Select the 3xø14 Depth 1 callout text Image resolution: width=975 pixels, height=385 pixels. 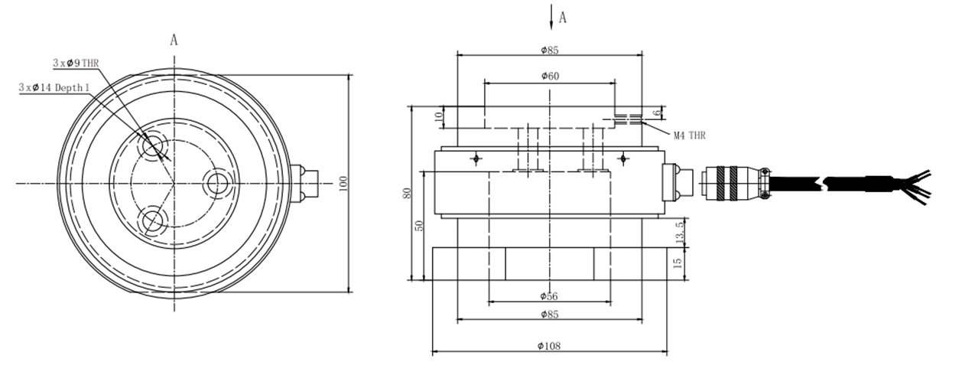pyautogui.click(x=55, y=88)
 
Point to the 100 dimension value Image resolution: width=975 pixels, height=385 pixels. pyautogui.click(x=343, y=183)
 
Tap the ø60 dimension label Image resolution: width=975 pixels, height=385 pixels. pyautogui.click(x=549, y=76)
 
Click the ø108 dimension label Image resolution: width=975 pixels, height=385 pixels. pyautogui.click(x=549, y=346)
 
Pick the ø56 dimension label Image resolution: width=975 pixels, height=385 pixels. pyautogui.click(x=549, y=295)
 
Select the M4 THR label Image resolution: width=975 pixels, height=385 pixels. pyautogui.click(x=689, y=135)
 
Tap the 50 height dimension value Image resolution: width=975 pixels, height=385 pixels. pyautogui.click(x=419, y=227)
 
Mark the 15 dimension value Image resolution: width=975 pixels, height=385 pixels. pyautogui.click(x=678, y=264)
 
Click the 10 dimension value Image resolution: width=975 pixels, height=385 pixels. pyautogui.click(x=438, y=117)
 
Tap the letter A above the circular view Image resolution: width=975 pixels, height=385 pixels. pyautogui.click(x=174, y=40)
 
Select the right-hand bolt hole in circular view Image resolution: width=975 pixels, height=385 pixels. pyautogui.click(x=217, y=183)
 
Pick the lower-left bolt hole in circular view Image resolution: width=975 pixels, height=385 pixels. pyautogui.click(x=152, y=220)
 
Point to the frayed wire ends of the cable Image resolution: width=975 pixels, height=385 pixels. pyautogui.click(x=917, y=184)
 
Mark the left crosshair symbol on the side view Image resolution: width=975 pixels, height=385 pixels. pyautogui.click(x=476, y=158)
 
